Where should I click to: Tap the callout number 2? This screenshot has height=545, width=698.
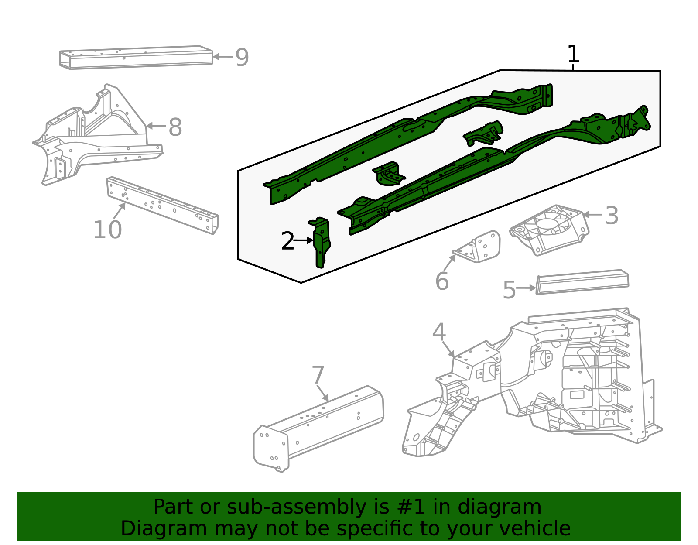287,241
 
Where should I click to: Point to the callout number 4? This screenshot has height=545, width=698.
439,332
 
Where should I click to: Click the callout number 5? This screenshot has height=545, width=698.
509,290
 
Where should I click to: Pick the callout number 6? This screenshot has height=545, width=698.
442,281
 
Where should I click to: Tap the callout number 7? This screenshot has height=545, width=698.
318,375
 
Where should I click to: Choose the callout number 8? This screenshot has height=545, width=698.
175,127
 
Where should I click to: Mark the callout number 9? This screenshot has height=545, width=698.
242,57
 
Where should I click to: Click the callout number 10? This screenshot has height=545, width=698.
107,230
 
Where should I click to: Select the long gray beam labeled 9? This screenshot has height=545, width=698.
136,57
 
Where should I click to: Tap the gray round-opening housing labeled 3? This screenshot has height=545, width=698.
550,229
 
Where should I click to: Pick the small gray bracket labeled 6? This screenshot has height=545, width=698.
480,248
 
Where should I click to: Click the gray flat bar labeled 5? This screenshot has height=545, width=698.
582,282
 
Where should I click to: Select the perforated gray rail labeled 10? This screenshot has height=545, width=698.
162,205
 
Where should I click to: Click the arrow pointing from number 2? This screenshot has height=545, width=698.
304,240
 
